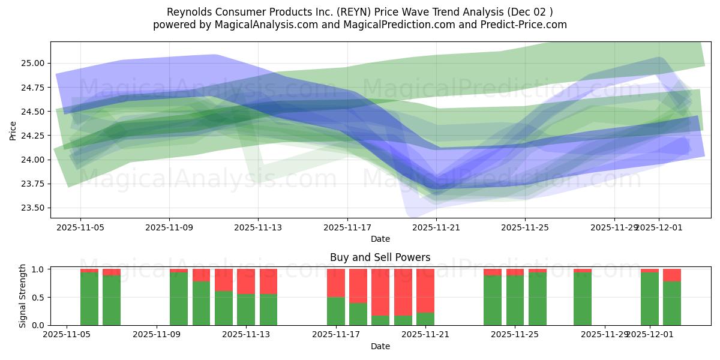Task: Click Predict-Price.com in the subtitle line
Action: pos(520,25)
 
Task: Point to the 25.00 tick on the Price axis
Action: pos(34,64)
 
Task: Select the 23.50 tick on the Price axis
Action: pos(34,208)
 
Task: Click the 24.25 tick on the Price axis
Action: pos(34,136)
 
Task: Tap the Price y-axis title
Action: pos(13,130)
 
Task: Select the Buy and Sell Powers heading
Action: pos(380,257)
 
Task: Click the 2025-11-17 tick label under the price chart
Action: pos(347,228)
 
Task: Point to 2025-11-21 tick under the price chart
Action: pos(436,228)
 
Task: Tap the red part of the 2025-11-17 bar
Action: pos(336,283)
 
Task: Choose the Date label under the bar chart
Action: pos(380,346)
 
